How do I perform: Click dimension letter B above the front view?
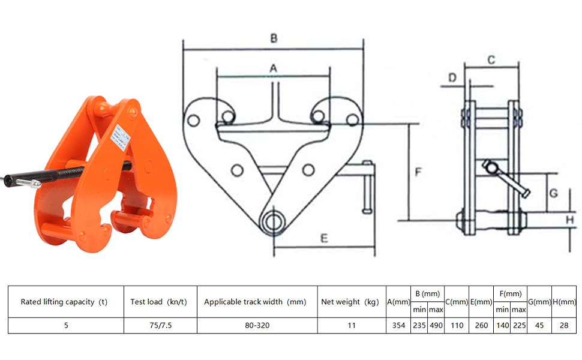[274, 38]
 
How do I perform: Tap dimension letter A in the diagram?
[273, 68]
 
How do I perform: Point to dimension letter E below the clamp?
[324, 239]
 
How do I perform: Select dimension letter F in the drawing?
[419, 172]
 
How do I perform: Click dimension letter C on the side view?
[490, 59]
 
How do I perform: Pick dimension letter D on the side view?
[453, 77]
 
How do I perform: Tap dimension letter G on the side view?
[554, 193]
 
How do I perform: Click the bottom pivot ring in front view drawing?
[274, 220]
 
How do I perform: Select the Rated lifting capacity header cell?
[65, 302]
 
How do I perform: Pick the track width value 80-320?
[256, 325]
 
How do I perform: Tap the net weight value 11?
[352, 325]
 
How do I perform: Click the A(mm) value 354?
[398, 325]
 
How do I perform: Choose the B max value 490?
[435, 325]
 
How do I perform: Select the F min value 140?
[502, 325]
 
